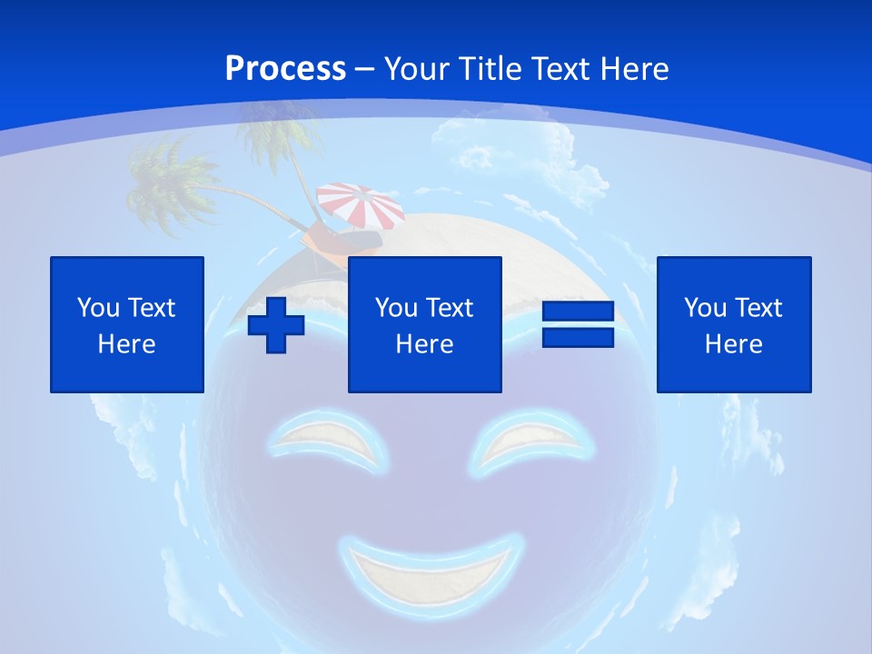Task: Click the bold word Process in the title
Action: click(x=285, y=68)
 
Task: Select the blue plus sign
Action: click(x=276, y=324)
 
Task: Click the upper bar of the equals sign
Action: click(x=579, y=311)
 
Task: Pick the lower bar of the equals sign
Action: click(x=579, y=338)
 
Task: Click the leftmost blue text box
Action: click(x=127, y=324)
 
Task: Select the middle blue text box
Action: click(x=425, y=324)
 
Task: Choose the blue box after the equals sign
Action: click(x=734, y=324)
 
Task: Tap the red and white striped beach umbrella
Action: click(x=361, y=205)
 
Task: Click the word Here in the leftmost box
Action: click(x=127, y=344)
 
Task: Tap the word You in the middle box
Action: click(x=396, y=308)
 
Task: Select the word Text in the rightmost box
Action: click(x=757, y=308)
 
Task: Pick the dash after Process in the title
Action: click(x=364, y=69)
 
